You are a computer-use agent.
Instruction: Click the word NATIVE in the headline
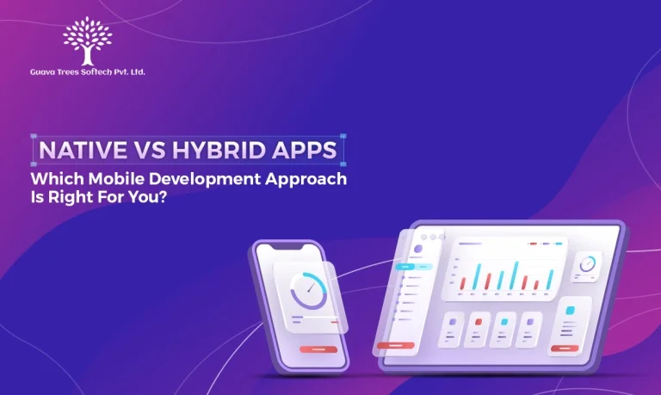(x=79, y=150)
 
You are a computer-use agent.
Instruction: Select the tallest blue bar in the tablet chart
(x=516, y=275)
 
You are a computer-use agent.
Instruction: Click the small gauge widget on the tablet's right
(x=589, y=264)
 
